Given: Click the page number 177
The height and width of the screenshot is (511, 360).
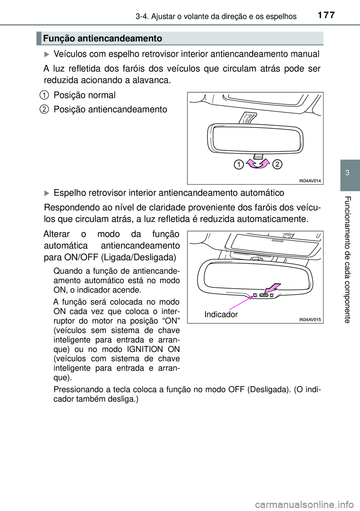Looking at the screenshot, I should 326,15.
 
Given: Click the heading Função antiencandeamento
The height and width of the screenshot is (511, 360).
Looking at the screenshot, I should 102,38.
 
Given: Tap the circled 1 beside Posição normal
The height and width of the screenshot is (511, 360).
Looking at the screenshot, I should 44,95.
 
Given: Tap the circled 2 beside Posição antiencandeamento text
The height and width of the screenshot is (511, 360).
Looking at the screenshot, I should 44,109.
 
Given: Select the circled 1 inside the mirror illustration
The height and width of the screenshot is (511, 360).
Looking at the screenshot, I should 238,164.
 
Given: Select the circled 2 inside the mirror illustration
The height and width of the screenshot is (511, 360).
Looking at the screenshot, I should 277,164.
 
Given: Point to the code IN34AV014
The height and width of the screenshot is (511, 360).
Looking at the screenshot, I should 310,181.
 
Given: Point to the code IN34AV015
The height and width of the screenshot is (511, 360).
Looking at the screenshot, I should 310,320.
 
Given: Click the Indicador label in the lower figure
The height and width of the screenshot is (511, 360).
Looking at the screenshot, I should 221,314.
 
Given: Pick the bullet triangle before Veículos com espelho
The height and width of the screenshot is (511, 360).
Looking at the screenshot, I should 47,54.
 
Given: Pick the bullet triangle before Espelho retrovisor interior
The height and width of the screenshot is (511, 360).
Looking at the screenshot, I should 47,193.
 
